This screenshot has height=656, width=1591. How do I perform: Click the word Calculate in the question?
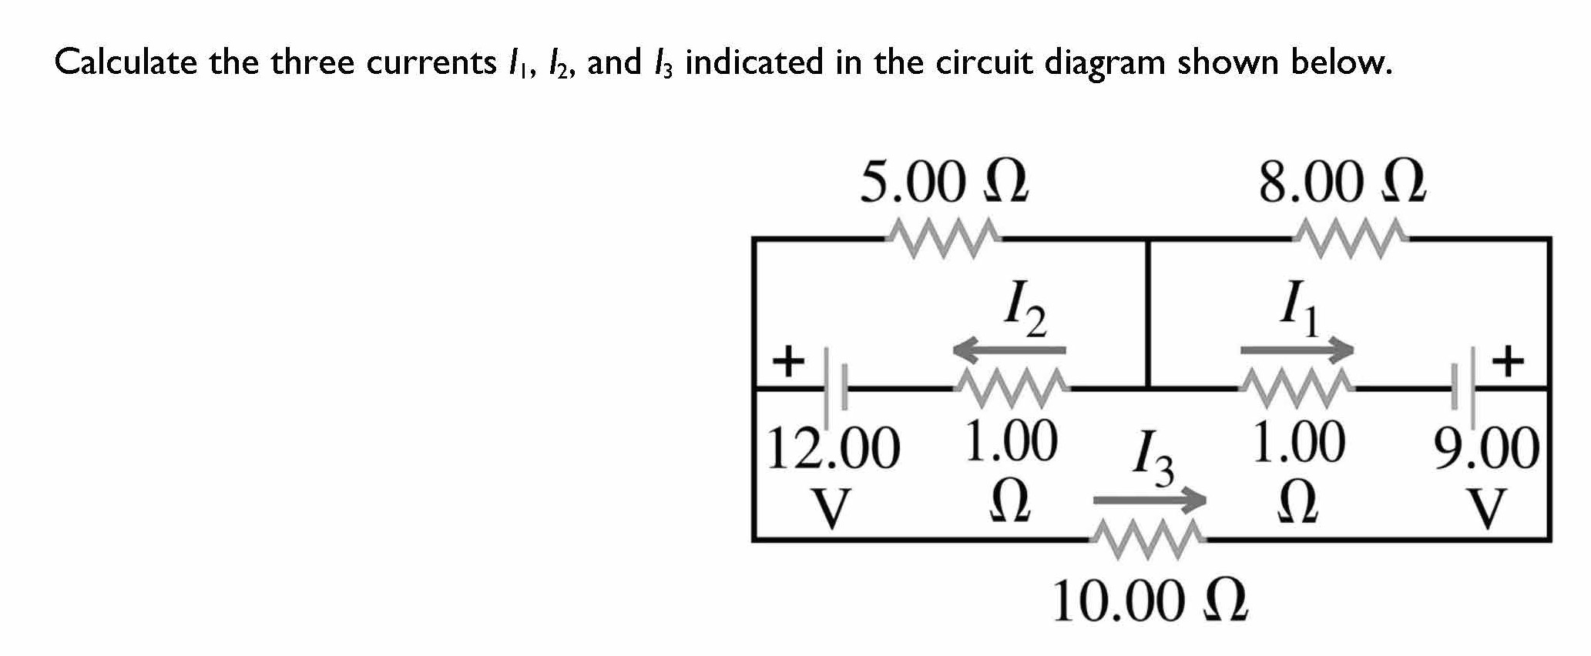coord(126,62)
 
